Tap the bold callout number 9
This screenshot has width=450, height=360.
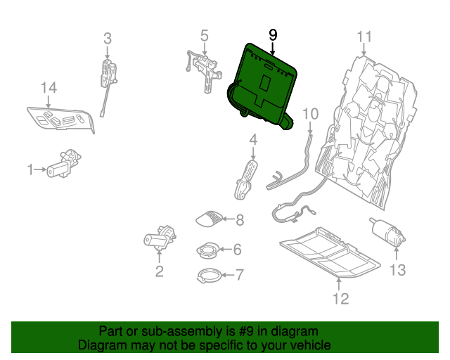pyautogui.click(x=273, y=34)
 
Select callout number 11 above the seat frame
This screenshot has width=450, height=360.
pyautogui.click(x=364, y=37)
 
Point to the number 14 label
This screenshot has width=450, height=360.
pyautogui.click(x=48, y=88)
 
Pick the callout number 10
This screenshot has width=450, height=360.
pyautogui.click(x=310, y=113)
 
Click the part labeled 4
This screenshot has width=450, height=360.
pyautogui.click(x=244, y=179)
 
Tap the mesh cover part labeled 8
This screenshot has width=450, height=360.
pyautogui.click(x=210, y=219)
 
